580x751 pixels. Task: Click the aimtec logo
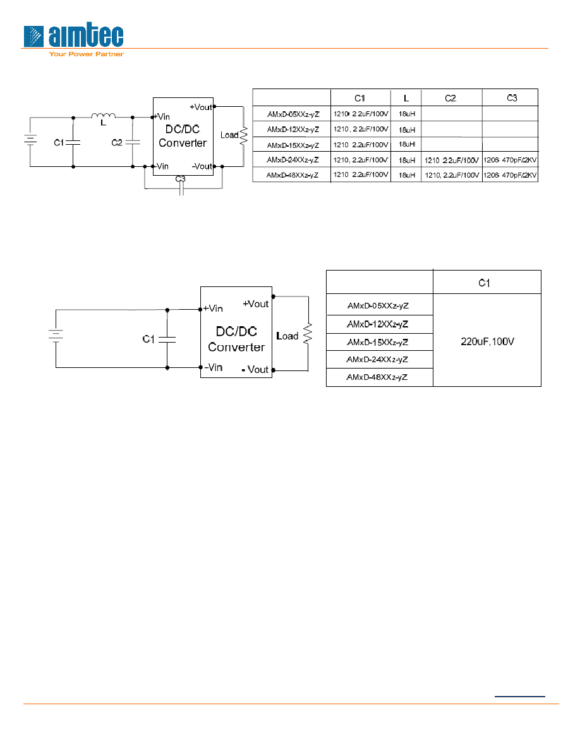73,36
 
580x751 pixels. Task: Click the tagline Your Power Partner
86,54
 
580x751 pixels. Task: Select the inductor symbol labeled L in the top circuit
104,115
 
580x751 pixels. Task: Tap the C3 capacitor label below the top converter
181,179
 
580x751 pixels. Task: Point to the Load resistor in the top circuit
244,135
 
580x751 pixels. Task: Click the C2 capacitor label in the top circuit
117,143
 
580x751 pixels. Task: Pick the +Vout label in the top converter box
201,107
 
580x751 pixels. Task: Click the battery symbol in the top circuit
30,139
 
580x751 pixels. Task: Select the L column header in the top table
406,98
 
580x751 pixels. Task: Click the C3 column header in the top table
512,98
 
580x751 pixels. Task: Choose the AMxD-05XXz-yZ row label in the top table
293,114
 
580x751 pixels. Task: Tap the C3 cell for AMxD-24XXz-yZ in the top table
510,160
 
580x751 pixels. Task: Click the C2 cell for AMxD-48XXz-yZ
452,175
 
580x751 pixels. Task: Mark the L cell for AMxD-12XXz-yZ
407,130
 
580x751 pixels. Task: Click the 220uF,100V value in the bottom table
487,341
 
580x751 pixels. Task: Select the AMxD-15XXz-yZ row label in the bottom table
378,342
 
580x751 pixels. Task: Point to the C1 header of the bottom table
485,283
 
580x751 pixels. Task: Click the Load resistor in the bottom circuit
308,333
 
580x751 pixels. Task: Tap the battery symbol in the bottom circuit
56,334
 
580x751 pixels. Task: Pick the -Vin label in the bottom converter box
214,367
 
